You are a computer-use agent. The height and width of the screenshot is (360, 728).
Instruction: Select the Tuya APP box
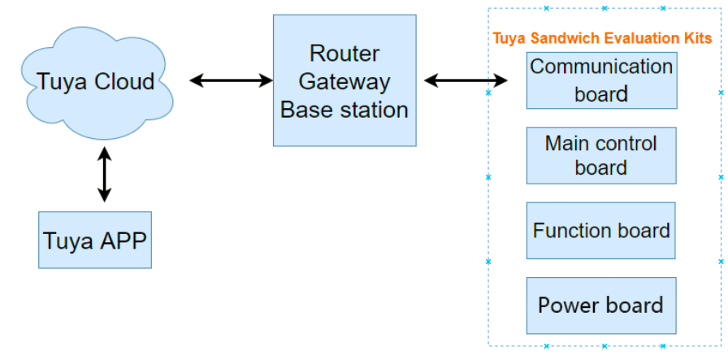pos(95,241)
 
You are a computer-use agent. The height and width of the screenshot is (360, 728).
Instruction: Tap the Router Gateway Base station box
pos(344,81)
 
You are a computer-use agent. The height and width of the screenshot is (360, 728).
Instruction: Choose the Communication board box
pos(601,80)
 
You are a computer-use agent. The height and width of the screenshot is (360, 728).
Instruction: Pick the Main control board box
pos(601,155)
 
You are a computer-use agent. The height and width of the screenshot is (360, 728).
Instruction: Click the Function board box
pos(601,231)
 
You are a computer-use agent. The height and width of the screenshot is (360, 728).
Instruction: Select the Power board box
pos(601,306)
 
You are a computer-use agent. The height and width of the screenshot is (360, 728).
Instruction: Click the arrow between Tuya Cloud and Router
pos(231,80)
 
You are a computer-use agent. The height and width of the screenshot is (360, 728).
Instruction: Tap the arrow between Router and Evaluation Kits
pos(466,80)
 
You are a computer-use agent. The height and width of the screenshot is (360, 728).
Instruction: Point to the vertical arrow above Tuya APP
pos(104,174)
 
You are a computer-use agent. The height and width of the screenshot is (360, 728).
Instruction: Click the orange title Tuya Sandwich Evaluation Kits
pos(602,38)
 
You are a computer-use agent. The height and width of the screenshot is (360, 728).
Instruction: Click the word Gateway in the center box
pos(344,81)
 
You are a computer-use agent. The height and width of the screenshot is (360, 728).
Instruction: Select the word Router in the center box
pos(344,54)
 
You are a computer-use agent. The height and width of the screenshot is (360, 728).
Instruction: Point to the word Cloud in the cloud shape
pos(125,82)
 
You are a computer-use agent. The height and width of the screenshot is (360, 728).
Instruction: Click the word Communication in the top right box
pos(601,67)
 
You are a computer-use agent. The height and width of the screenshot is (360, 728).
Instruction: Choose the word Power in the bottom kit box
pos(566,306)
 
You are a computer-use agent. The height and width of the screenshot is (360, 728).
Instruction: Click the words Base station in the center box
pos(344,109)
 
